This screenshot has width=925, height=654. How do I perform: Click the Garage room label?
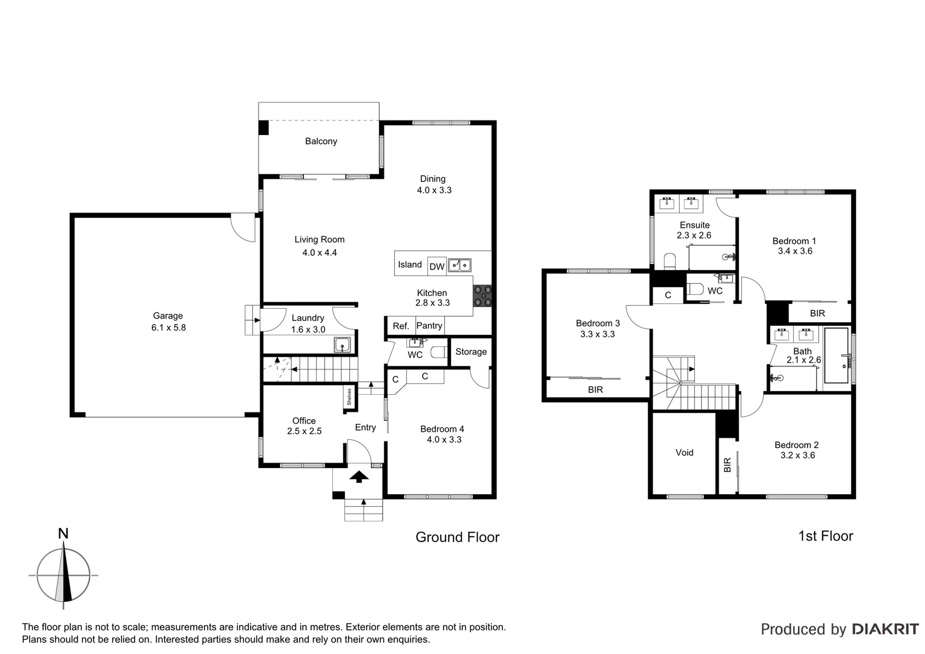[168, 315]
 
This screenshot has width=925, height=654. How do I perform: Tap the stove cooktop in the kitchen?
[482, 296]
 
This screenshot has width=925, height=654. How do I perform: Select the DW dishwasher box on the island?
[436, 266]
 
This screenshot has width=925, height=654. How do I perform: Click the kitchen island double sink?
[459, 265]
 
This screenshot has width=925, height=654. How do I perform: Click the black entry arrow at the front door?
[360, 477]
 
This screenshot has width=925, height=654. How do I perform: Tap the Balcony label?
[321, 141]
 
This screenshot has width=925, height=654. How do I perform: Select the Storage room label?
[471, 352]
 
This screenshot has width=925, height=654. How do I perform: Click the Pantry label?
[429, 326]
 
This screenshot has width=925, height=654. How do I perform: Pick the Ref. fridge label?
[401, 326]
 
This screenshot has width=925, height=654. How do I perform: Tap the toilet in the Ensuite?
[670, 262]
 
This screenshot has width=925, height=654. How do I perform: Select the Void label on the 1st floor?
[684, 452]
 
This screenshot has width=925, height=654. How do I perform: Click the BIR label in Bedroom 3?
[595, 390]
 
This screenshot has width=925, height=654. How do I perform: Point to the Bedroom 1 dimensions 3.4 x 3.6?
[795, 251]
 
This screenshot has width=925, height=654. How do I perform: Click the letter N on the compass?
[63, 533]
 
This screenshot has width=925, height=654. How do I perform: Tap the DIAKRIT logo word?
[885, 629]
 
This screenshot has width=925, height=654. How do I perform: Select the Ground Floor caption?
[457, 537]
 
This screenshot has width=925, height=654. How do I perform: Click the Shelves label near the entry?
[349, 397]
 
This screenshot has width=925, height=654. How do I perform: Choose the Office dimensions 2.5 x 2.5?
[304, 431]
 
